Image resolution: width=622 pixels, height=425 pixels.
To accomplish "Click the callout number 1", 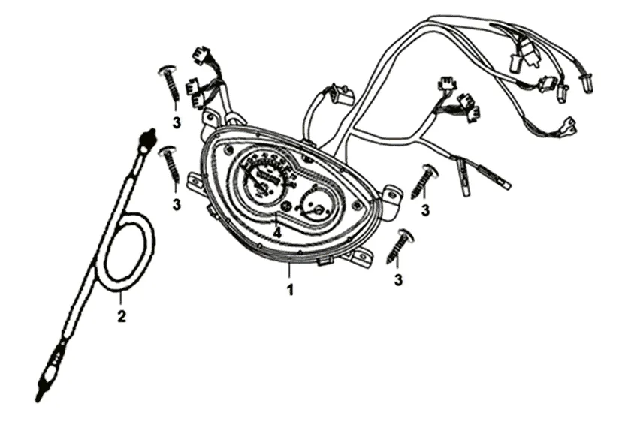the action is [x=289, y=288].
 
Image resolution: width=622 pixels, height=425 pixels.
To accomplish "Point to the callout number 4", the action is [x=277, y=234].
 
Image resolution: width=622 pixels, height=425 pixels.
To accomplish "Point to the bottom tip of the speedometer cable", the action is [x=40, y=393].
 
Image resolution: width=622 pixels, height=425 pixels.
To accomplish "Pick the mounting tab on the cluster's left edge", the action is [x=196, y=180].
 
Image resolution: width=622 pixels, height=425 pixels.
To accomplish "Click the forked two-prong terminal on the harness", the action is [x=569, y=125].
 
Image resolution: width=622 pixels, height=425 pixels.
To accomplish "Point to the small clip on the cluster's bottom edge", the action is [x=325, y=261].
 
